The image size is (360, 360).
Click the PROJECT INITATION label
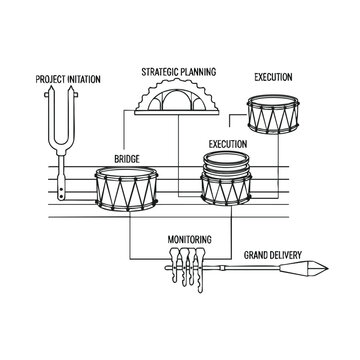[x=68, y=79]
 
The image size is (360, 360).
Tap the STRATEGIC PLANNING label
[x=179, y=72]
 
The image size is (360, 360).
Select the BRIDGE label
[x=127, y=159]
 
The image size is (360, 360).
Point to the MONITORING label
[x=189, y=239]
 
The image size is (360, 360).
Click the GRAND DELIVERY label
[x=273, y=255]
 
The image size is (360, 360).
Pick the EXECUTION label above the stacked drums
[x=228, y=144]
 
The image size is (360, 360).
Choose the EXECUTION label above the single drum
[x=273, y=77]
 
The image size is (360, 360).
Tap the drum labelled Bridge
[x=126, y=189]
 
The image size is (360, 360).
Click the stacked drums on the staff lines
[x=226, y=178]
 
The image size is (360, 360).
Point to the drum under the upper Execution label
[x=273, y=114]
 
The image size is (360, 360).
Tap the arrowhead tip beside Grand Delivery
[x=328, y=268]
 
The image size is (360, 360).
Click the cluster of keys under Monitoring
[x=187, y=268]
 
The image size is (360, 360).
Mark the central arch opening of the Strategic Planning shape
[x=177, y=101]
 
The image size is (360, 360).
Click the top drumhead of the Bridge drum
[x=126, y=173]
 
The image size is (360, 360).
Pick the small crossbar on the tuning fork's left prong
[x=47, y=95]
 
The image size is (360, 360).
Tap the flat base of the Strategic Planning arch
[x=177, y=113]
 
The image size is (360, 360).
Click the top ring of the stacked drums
[x=226, y=158]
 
